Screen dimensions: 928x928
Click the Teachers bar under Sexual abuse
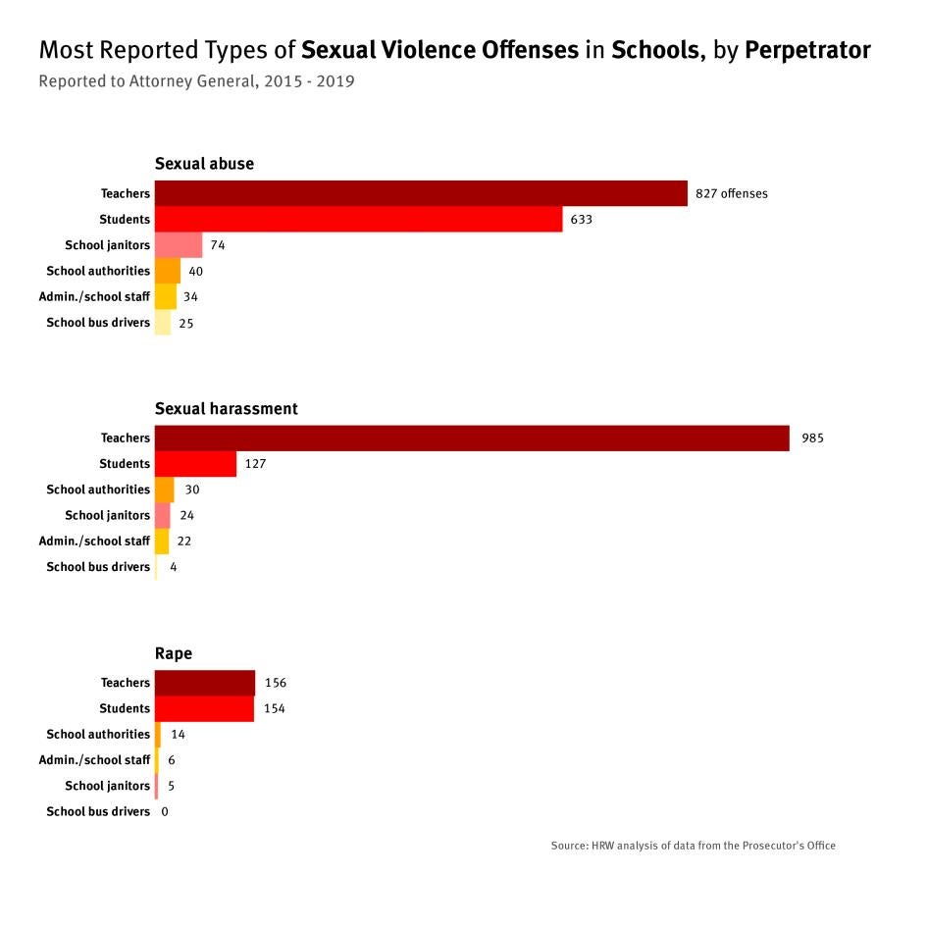coord(421,193)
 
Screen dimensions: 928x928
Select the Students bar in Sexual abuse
coord(358,219)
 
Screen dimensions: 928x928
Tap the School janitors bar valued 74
coord(179,245)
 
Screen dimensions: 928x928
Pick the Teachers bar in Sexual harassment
coord(472,438)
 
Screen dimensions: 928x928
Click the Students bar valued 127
coord(195,464)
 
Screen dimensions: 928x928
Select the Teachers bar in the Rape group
coord(204,683)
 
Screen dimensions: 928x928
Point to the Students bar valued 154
coord(204,708)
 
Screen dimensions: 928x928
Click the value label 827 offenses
coord(731,193)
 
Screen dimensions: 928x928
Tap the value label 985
coord(812,438)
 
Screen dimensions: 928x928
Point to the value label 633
coord(581,220)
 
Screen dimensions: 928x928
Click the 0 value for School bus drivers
coord(165,811)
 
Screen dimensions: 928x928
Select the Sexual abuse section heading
coord(204,164)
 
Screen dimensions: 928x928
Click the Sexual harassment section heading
coord(226,408)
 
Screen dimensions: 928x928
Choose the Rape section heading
coord(174,653)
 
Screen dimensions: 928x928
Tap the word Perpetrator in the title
coord(807,50)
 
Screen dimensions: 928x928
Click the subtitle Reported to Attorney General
coord(196,81)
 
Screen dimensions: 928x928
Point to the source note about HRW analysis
coord(693,846)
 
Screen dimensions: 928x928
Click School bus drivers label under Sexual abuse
coord(98,323)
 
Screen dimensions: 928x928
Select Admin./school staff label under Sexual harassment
coord(94,541)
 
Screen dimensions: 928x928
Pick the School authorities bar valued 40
coord(168,271)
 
